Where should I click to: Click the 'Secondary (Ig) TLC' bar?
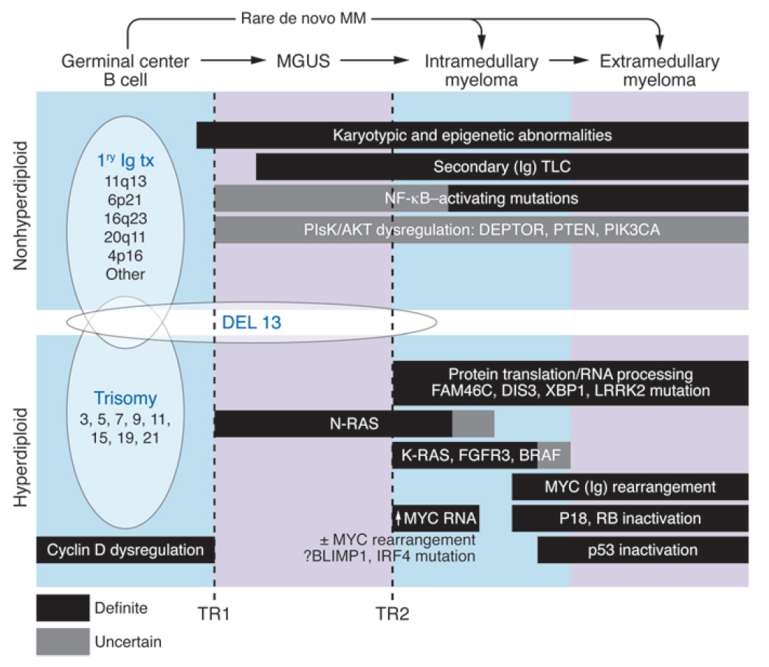coord(502,167)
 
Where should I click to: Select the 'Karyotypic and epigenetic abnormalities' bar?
coord(472,135)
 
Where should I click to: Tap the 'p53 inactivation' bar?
coord(643,550)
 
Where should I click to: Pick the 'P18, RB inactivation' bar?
coord(630,518)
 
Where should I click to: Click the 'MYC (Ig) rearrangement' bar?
coord(630,487)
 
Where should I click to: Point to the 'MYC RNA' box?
coord(436,518)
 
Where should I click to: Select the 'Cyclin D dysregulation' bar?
coord(125,550)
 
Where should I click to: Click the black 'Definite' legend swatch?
coord(63,609)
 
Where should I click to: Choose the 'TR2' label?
coord(393,612)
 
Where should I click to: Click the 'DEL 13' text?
coord(248,322)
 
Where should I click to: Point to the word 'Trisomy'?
coord(125,399)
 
